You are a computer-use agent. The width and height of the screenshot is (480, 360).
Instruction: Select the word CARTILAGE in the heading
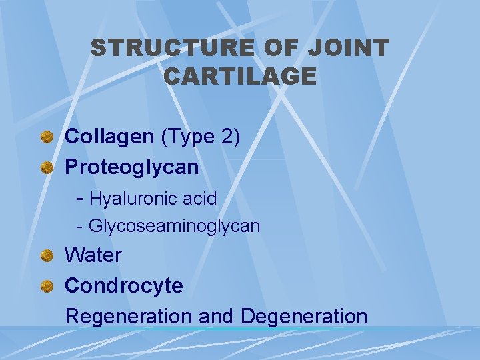tap(240, 77)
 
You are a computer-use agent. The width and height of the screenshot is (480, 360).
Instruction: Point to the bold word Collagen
tap(109, 137)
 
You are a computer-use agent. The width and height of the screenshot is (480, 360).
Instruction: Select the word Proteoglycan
tap(131, 167)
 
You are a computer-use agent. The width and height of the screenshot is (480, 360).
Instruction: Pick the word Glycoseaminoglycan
tap(174, 227)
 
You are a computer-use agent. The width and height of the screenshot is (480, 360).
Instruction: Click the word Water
tap(93, 255)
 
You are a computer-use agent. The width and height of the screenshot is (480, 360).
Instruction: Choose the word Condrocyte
tap(123, 285)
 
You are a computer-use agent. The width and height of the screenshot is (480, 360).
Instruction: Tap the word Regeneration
tap(130, 316)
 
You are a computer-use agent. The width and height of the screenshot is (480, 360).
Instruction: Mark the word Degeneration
tap(304, 316)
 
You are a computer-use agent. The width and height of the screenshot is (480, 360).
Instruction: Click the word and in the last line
tap(216, 316)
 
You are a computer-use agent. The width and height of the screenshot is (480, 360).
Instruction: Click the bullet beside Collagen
tap(47, 137)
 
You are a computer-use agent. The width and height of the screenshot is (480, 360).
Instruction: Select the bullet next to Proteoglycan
tap(47, 167)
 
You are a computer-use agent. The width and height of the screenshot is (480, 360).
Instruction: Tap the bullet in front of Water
tap(47, 255)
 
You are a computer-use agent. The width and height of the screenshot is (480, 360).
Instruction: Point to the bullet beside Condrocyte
tap(47, 286)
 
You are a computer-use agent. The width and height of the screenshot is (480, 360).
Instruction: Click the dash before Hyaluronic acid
tap(80, 198)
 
